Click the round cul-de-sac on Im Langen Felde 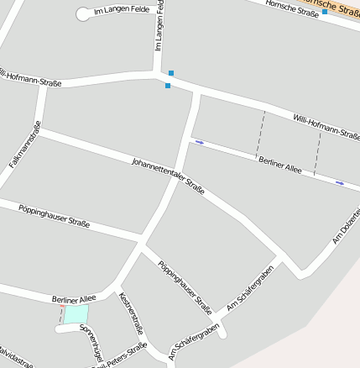(82, 13)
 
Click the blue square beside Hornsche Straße (325, 12)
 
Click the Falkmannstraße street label (25, 145)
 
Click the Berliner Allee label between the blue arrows (280, 164)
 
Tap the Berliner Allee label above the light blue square (74, 298)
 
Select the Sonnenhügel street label (91, 340)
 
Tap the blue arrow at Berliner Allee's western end (200, 142)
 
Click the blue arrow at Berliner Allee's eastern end (340, 182)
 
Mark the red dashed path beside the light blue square (60, 315)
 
